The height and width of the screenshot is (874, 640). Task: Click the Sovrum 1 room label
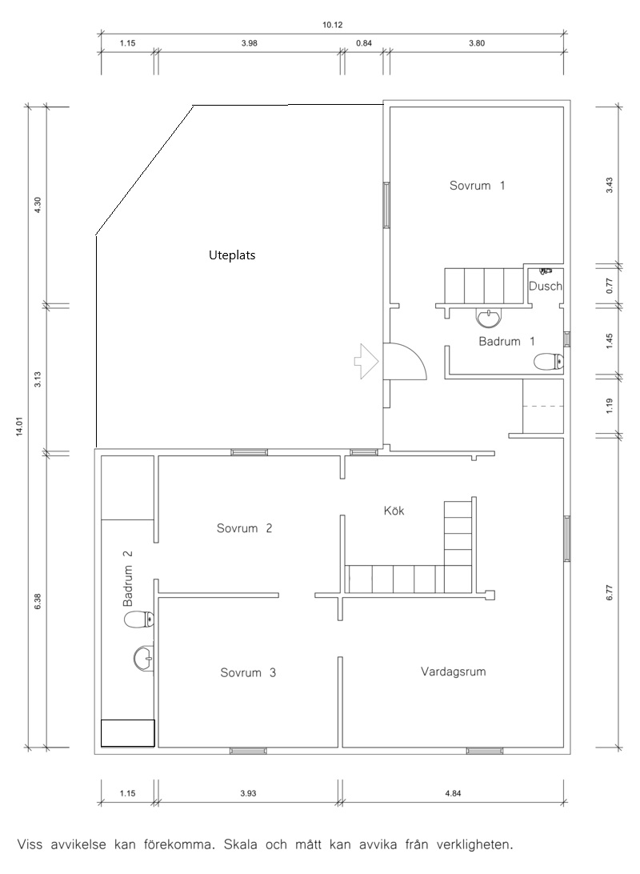pos(477,186)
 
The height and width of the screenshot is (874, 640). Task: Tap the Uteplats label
pos(232,255)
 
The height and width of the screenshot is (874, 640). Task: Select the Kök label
pos(394,510)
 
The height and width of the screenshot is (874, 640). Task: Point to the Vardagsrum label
pos(453,672)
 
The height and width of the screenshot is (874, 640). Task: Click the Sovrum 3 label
pos(248,672)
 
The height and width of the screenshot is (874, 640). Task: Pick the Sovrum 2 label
pos(244,528)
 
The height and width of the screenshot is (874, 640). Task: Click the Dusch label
pos(546,286)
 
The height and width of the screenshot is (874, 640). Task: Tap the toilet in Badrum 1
pos(549,363)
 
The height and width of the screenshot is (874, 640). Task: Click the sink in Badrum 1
pos(489,319)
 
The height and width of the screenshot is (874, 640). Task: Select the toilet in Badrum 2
pos(138,619)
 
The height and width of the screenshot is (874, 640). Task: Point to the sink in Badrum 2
pos(144,658)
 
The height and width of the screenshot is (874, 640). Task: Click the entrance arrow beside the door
pos(366,362)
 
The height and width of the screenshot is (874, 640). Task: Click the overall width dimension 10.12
pos(333,25)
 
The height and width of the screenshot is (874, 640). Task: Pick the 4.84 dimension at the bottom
pos(453,793)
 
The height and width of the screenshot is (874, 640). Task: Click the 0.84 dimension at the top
pos(364,43)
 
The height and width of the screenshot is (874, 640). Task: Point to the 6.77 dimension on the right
pos(610,592)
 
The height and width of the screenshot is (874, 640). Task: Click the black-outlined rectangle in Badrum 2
pos(127,733)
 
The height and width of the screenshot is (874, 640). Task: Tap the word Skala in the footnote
pos(240,844)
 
